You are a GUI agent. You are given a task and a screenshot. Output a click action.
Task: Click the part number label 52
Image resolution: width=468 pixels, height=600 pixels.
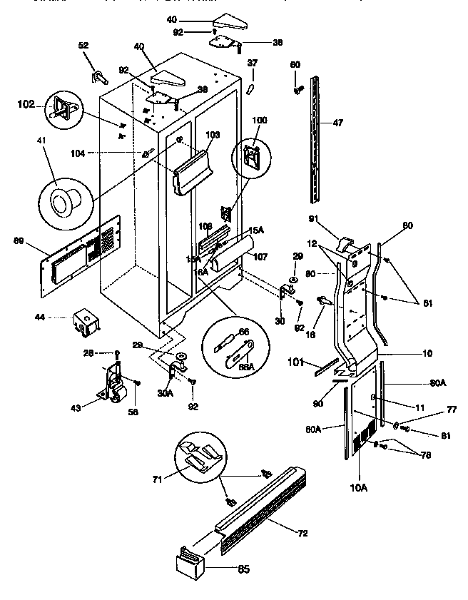(x=83, y=46)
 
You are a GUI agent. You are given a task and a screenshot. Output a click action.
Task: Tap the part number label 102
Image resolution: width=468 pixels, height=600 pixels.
(x=25, y=103)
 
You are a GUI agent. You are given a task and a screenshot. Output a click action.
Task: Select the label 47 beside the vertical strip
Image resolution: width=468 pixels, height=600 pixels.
(x=337, y=123)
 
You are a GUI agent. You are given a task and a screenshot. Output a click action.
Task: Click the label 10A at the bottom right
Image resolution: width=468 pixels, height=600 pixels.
(x=357, y=488)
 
